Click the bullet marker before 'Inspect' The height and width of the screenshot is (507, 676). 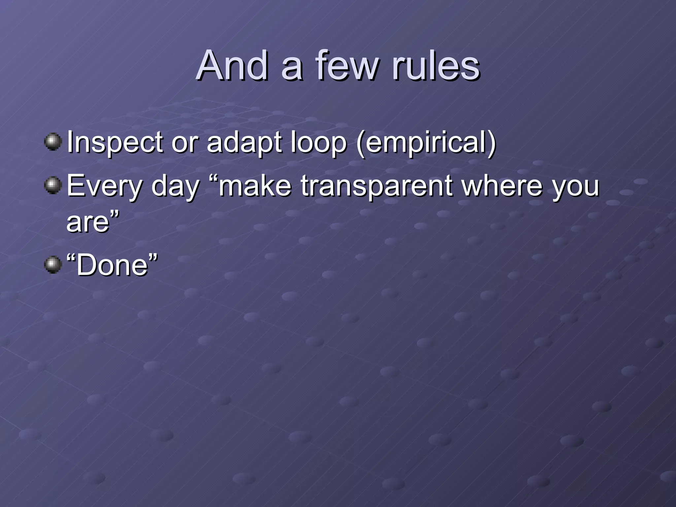(x=53, y=142)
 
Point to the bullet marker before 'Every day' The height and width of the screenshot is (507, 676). (x=53, y=186)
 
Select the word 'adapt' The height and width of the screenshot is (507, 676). (x=244, y=143)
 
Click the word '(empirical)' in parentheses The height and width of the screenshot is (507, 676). (x=426, y=143)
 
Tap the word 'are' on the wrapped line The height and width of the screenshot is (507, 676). (x=88, y=222)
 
